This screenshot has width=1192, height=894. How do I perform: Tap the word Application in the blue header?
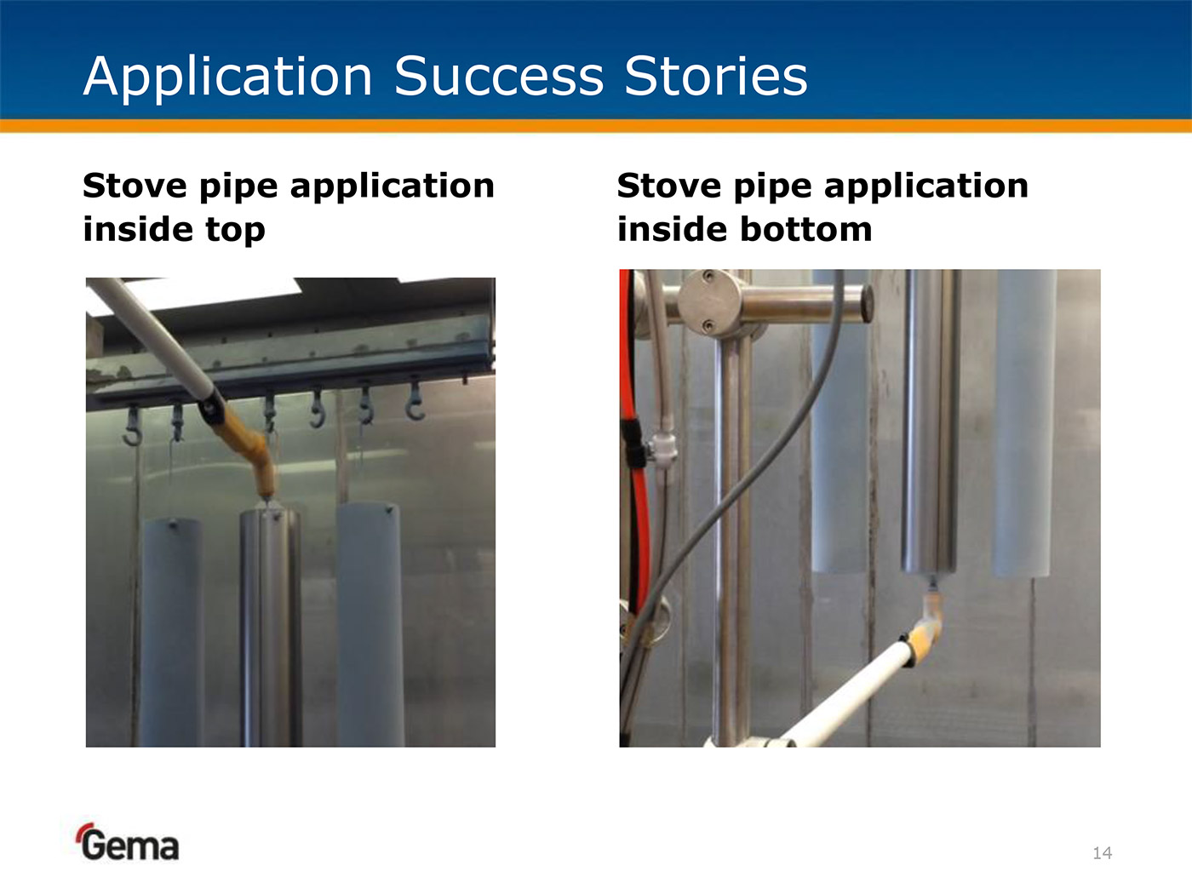(227, 77)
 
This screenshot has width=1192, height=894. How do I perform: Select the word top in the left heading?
(235, 229)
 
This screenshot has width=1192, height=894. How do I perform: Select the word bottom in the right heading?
(806, 228)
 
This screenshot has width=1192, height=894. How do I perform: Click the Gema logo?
(128, 842)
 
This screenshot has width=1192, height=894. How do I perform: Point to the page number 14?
(1102, 853)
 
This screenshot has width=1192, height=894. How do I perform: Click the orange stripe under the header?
(596, 126)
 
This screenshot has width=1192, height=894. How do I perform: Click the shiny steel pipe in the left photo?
(269, 625)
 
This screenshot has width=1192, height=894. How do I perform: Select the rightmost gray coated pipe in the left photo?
(370, 624)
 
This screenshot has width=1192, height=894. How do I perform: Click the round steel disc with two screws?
(709, 301)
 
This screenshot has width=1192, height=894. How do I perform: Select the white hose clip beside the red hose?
(662, 449)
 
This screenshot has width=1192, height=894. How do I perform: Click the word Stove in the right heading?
(670, 186)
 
